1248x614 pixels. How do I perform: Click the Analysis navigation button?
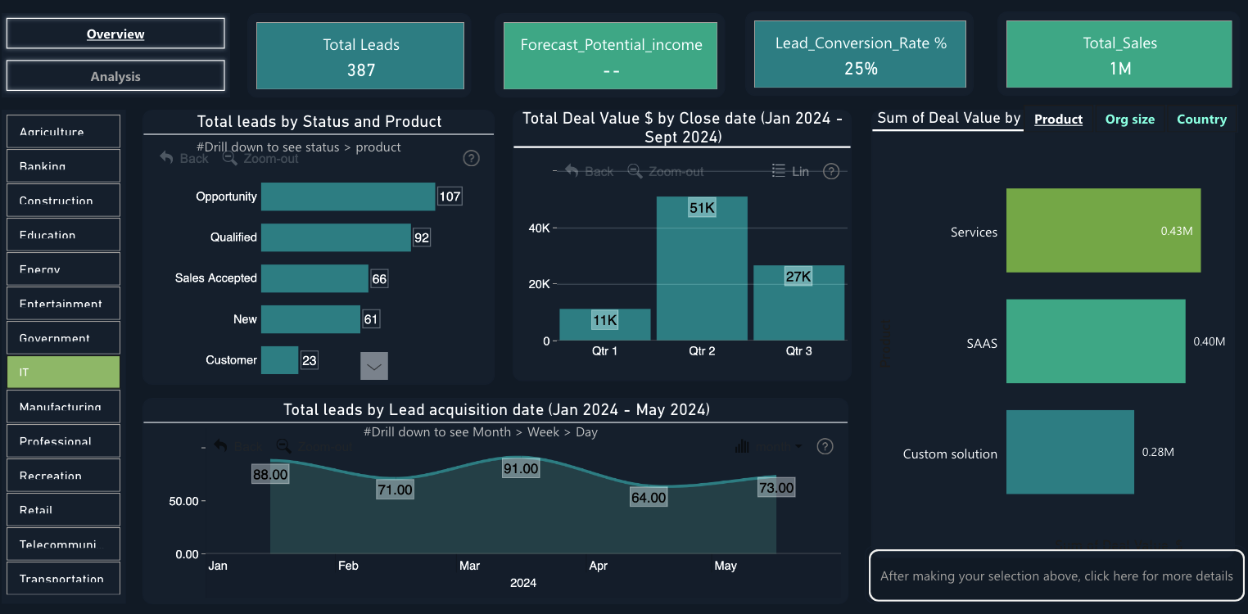click(x=115, y=76)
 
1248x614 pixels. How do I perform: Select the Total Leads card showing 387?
click(x=360, y=56)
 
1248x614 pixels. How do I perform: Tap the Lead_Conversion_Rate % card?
click(x=860, y=55)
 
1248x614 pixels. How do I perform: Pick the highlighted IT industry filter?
click(x=63, y=372)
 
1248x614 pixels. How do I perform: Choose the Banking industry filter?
click(x=63, y=166)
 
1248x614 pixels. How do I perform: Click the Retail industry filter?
click(x=63, y=509)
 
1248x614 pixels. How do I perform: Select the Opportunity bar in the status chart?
click(x=348, y=196)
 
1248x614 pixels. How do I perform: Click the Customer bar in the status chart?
click(x=279, y=360)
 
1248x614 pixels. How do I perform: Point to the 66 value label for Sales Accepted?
click(x=379, y=278)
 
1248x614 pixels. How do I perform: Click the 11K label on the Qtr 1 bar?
click(x=605, y=321)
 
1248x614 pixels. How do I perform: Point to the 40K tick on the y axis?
click(x=539, y=228)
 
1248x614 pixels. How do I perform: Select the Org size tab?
click(x=1129, y=120)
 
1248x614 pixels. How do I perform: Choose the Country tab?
click(x=1201, y=120)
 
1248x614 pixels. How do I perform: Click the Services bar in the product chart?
click(x=1103, y=231)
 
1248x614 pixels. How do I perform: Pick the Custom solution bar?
click(x=1069, y=452)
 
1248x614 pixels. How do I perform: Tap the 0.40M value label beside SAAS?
click(x=1209, y=341)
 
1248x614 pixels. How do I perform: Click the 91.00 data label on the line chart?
click(x=521, y=469)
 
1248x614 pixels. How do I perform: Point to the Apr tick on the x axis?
click(x=599, y=566)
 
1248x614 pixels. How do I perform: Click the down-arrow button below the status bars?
click(x=374, y=367)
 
